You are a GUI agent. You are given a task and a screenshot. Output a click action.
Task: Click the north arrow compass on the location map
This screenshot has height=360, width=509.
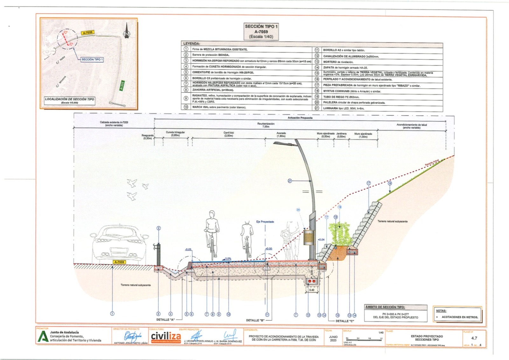click(x=127, y=31)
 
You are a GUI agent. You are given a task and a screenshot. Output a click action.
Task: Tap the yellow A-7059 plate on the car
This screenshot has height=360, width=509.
click(x=119, y=262)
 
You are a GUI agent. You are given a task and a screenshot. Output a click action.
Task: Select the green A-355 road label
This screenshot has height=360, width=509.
click(x=122, y=86)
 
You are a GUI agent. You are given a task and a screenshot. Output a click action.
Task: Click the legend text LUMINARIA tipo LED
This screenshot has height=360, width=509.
click(x=344, y=108)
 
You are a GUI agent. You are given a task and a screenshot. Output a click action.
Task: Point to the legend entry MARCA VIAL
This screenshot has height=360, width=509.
click(x=219, y=107)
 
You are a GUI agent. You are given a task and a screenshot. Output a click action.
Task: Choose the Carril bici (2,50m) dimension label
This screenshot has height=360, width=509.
click(x=228, y=134)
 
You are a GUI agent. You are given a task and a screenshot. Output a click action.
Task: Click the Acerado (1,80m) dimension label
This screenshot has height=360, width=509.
click(x=281, y=135)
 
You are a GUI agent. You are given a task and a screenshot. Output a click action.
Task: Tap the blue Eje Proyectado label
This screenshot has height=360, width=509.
click(x=265, y=222)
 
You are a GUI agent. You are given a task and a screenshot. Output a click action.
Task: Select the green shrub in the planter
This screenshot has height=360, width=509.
click(x=339, y=234)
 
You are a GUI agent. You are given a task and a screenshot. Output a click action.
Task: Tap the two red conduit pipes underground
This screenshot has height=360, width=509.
click(x=311, y=282)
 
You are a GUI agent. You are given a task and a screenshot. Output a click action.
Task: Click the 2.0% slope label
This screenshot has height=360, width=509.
click(x=228, y=259)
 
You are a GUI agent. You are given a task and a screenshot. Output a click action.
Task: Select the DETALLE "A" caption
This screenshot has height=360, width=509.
click(x=165, y=320)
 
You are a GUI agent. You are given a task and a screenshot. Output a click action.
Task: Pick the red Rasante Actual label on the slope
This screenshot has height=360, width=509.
click(x=432, y=162)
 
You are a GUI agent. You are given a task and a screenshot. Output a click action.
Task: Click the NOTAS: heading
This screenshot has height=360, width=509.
click(x=441, y=311)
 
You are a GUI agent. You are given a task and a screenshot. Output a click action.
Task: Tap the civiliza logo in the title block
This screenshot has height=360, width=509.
click(x=166, y=336)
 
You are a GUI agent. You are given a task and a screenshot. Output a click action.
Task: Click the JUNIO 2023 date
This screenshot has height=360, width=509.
click(x=333, y=338)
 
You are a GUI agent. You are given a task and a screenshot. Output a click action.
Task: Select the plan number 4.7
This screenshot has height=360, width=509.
click(x=474, y=338)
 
